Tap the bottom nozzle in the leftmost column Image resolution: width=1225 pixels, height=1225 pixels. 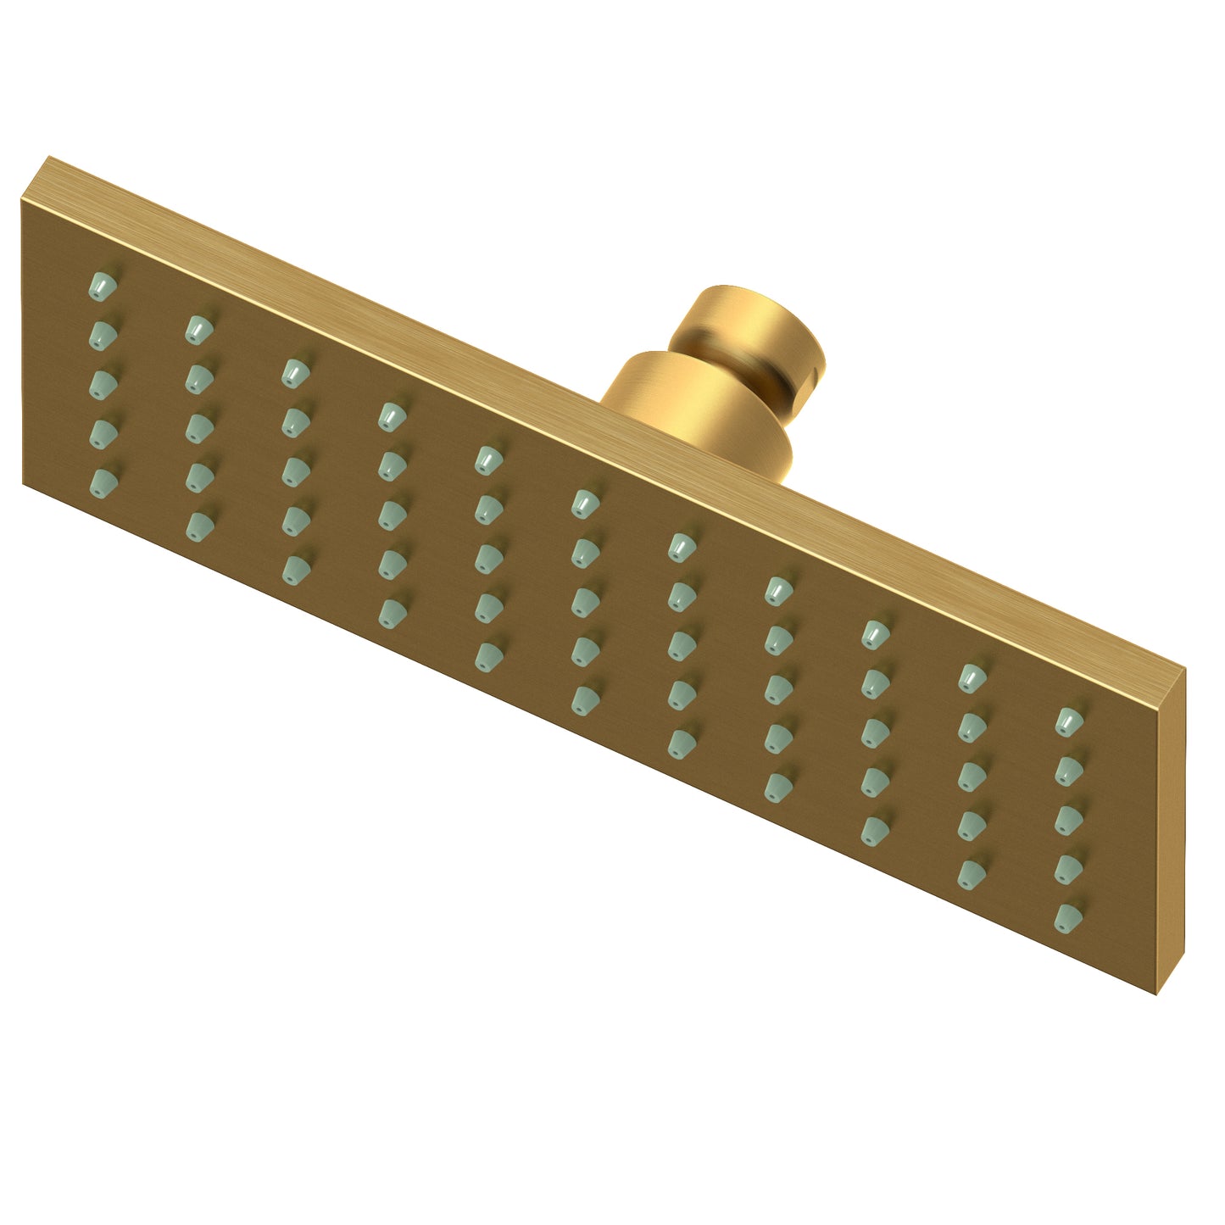tap(103, 481)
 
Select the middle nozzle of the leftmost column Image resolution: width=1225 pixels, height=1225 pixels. tap(103, 383)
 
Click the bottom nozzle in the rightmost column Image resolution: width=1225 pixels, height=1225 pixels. tap(1070, 916)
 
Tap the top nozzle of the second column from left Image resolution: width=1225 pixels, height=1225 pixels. tap(198, 326)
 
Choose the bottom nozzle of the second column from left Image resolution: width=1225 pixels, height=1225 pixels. tap(198, 521)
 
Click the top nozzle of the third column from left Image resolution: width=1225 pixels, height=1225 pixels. tap(294, 370)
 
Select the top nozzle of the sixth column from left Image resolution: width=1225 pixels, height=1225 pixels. tap(582, 504)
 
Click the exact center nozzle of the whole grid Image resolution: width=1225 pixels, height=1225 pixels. tap(582, 601)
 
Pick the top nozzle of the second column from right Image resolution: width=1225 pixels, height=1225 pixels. tap(973, 676)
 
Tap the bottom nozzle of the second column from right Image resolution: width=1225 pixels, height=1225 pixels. tap(973, 871)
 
